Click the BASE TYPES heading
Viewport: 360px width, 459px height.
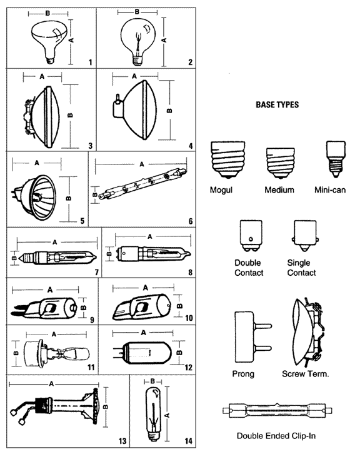pos(277,105)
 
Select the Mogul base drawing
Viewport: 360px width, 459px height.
pos(227,160)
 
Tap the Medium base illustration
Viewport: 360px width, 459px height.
pos(280,163)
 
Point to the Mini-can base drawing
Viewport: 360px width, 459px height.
pos(336,159)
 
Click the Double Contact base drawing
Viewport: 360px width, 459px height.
pos(251,236)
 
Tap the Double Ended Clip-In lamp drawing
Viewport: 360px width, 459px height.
pos(277,411)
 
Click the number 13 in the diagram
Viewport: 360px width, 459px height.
pos(122,441)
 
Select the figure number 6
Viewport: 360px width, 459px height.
pos(191,221)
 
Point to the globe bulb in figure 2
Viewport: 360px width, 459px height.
pos(138,42)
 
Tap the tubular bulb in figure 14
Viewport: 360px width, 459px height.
pos(153,413)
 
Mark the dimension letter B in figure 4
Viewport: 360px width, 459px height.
pos(169,110)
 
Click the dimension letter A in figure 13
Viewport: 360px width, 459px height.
pos(51,383)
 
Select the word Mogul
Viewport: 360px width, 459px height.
pos(221,190)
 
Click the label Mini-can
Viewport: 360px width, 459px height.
pos(330,189)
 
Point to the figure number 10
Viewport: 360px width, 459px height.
pos(189,318)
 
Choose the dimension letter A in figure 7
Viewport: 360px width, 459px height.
pos(55,242)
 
